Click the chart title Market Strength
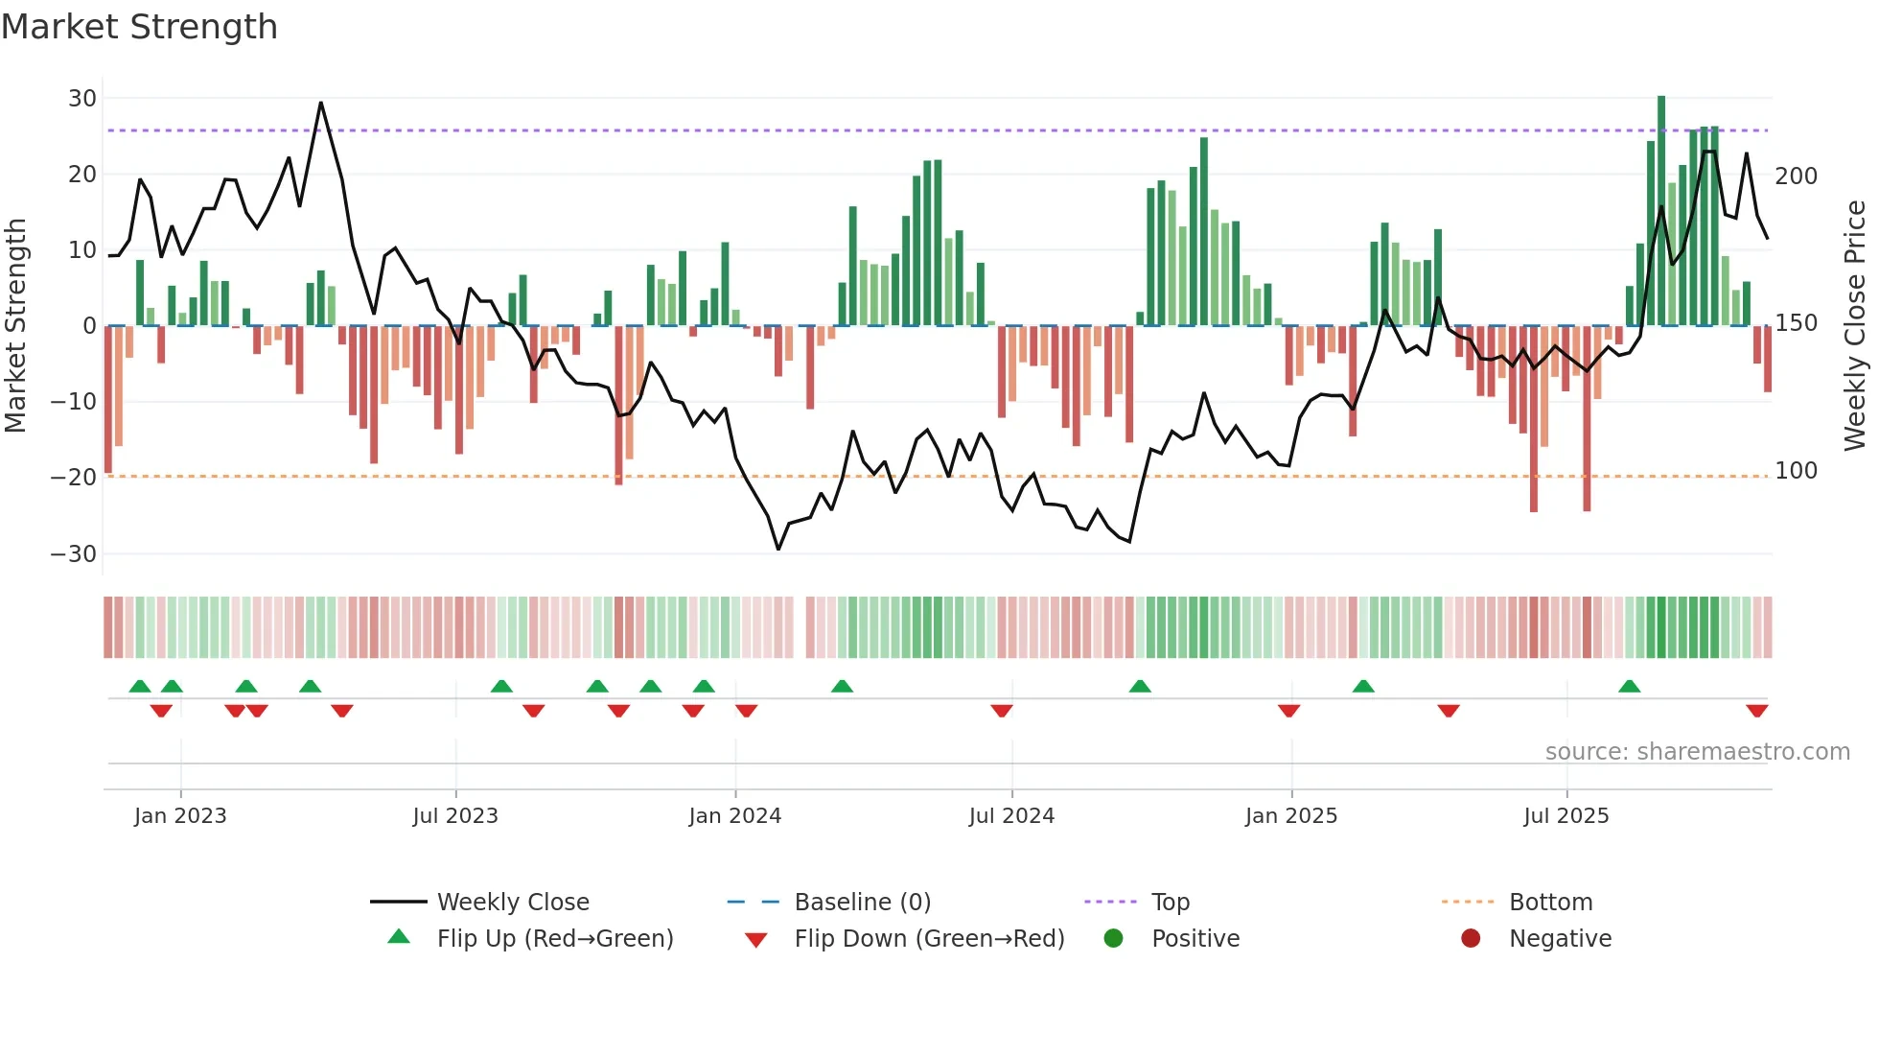pos(139,27)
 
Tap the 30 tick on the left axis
pos(81,99)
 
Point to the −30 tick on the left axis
pos(74,554)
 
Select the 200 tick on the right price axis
pos(1796,176)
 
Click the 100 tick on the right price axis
pos(1796,471)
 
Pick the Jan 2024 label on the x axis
pos(734,816)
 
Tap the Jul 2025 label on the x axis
pos(1566,816)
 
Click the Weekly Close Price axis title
pos(1855,326)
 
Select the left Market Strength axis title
pos(16,326)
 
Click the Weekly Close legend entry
pos(513,903)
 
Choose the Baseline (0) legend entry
pos(862,903)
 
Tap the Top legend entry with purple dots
pos(1170,903)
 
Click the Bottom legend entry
pos(1550,903)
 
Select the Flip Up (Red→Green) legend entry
pos(554,939)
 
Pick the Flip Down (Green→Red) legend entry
pos(929,939)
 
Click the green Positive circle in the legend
pos(1113,938)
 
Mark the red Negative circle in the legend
pos(1471,938)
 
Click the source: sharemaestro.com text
pos(1697,752)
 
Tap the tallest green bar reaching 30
pos(1661,211)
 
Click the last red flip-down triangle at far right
pos(1756,711)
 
